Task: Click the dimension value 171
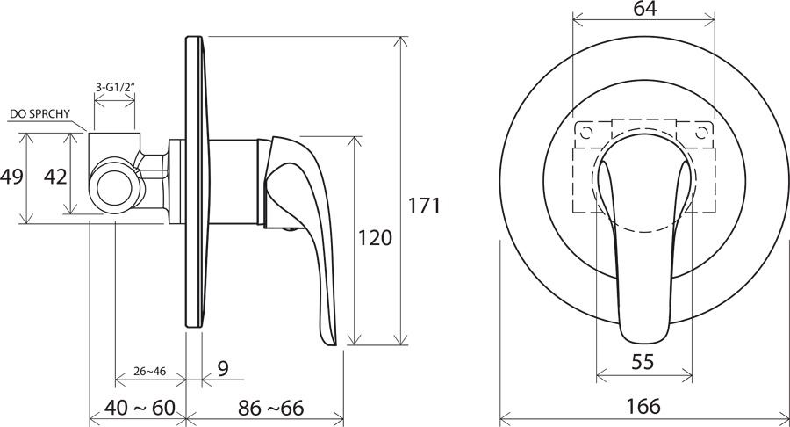424,206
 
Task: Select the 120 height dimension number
374,237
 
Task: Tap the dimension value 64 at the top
645,9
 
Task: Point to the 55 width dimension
643,361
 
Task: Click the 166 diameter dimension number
643,406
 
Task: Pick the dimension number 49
11,177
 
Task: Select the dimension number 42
55,177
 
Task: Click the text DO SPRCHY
39,114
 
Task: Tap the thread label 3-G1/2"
115,87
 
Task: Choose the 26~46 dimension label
149,372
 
